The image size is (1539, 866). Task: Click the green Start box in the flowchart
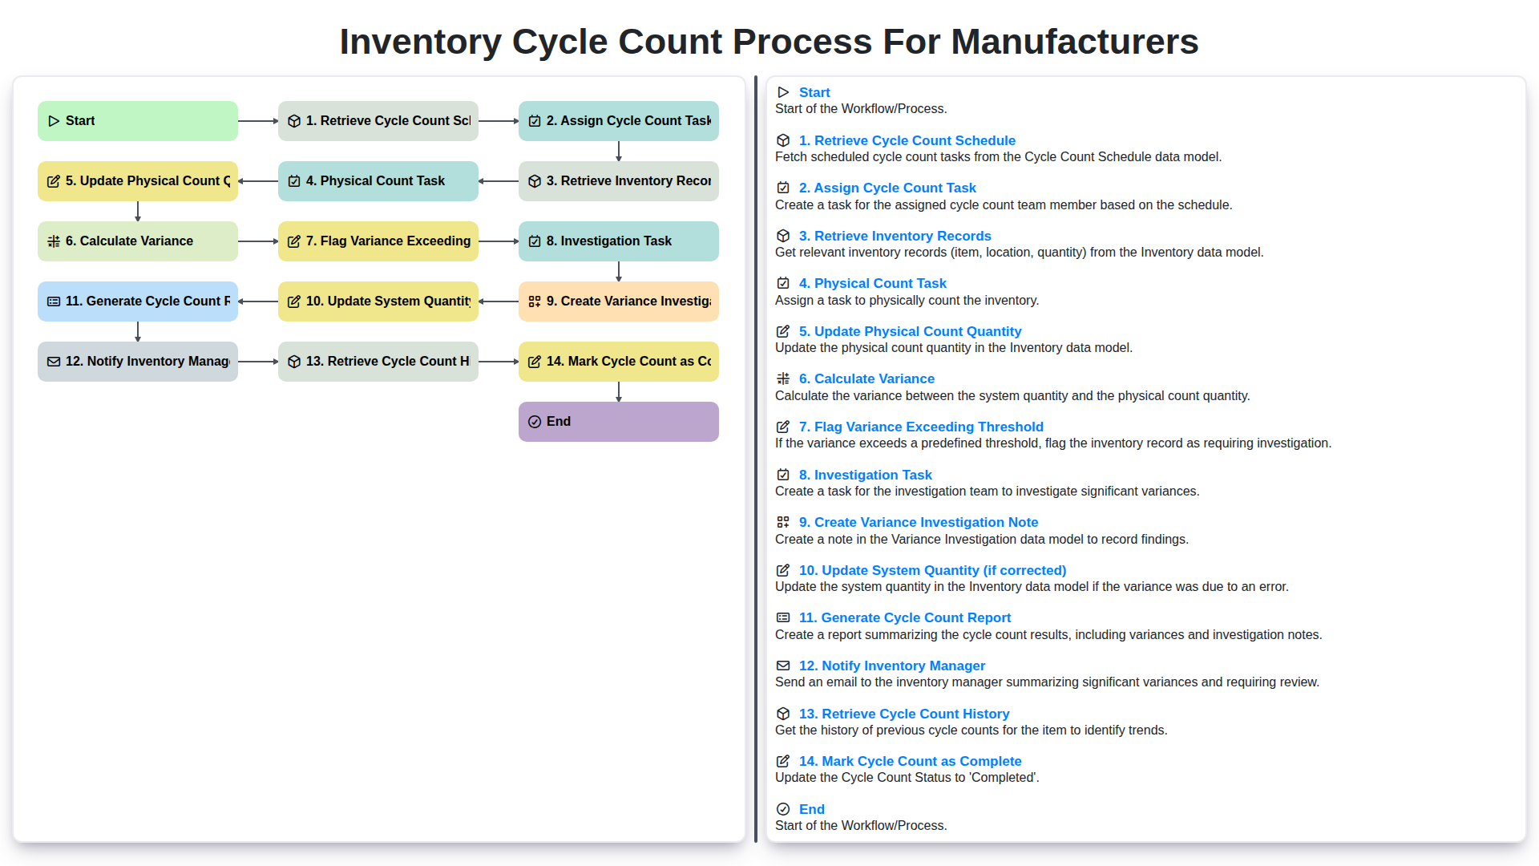coord(137,121)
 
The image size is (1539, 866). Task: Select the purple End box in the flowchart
coord(618,422)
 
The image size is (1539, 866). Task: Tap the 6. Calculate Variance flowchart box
coord(137,241)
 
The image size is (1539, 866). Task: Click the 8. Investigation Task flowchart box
coord(618,241)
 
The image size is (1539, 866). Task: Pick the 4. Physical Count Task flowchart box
coord(378,181)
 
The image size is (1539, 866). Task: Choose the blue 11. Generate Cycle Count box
coord(137,301)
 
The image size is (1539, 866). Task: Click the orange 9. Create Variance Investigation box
coord(618,301)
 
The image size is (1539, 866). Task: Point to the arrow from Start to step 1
coord(257,121)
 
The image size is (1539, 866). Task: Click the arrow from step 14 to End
coord(619,391)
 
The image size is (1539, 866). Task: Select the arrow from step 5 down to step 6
coord(138,211)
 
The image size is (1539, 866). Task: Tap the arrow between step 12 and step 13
coord(257,362)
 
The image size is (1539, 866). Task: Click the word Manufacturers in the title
coord(1074,42)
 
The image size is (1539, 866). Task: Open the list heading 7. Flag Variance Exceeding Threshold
coord(920,427)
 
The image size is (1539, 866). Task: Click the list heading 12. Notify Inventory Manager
coord(891,666)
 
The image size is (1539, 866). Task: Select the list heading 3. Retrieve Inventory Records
coord(895,236)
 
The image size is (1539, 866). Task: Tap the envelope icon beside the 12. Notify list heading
coord(783,666)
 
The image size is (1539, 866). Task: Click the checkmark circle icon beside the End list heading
coord(783,809)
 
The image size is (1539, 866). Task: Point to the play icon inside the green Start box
coord(54,121)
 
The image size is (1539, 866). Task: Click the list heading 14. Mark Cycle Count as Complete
coord(910,761)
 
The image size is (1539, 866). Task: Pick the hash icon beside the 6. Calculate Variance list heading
coord(783,378)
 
